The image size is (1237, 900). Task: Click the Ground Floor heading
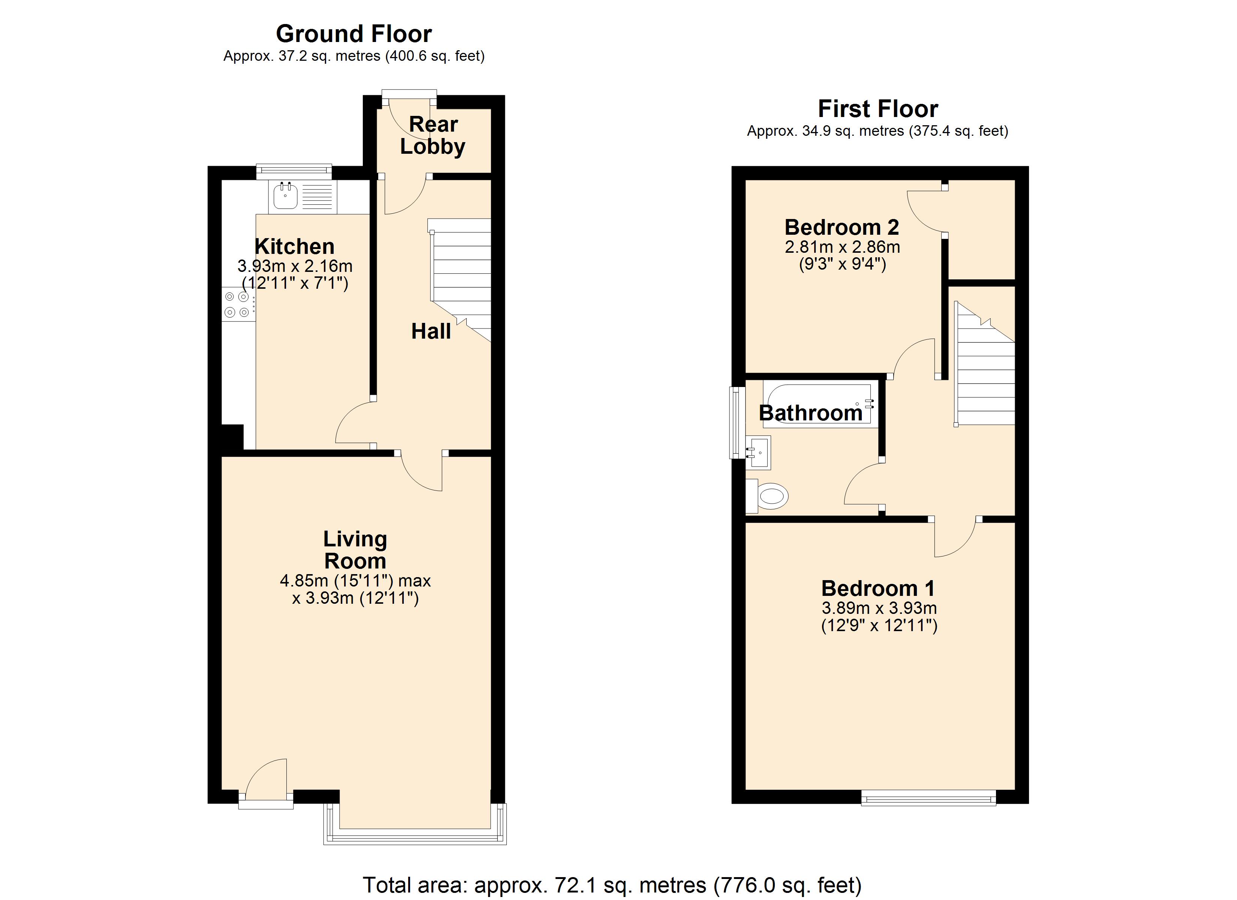point(353,34)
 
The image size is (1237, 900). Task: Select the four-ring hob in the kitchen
point(238,304)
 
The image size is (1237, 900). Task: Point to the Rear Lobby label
point(433,135)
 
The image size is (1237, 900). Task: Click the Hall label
point(431,331)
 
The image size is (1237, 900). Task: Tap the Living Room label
point(355,550)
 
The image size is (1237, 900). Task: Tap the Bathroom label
point(810,413)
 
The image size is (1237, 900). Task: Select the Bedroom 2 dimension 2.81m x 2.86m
point(842,247)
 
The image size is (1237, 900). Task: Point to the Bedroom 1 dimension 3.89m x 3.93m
point(879,608)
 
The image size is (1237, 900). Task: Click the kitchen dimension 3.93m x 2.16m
point(295,266)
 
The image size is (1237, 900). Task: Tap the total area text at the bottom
point(612,885)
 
